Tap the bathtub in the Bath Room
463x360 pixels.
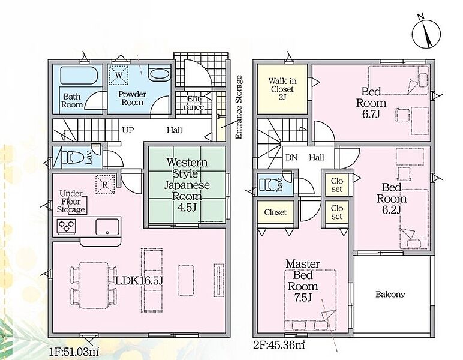[x=79, y=76]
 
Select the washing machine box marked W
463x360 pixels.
[x=119, y=75]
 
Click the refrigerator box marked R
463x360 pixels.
[x=105, y=185]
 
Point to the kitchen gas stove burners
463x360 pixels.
[x=66, y=227]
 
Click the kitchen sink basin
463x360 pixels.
[x=107, y=227]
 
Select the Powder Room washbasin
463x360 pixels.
[x=159, y=73]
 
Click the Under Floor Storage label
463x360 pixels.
[x=71, y=202]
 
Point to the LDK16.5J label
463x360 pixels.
[x=139, y=281]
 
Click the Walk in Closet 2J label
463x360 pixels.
[x=282, y=89]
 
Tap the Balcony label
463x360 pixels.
[x=390, y=295]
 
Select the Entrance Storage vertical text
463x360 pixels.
[x=239, y=107]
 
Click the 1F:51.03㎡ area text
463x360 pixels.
[x=74, y=352]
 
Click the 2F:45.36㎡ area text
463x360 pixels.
[x=279, y=344]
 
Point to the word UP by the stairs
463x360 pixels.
[x=128, y=130]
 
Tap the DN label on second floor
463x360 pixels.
[x=291, y=157]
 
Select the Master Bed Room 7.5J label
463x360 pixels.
[x=303, y=281]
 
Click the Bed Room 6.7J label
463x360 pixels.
[x=371, y=103]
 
